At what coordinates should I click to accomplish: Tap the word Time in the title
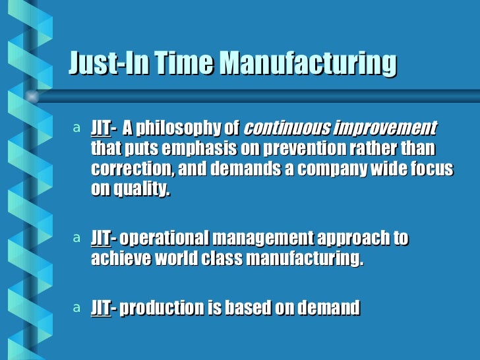184,65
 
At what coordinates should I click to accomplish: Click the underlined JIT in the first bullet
100,127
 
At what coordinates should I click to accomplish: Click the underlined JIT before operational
100,238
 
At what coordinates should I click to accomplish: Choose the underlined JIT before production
100,307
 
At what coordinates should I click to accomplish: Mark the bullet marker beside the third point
77,307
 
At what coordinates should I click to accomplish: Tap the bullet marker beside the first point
77,127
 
